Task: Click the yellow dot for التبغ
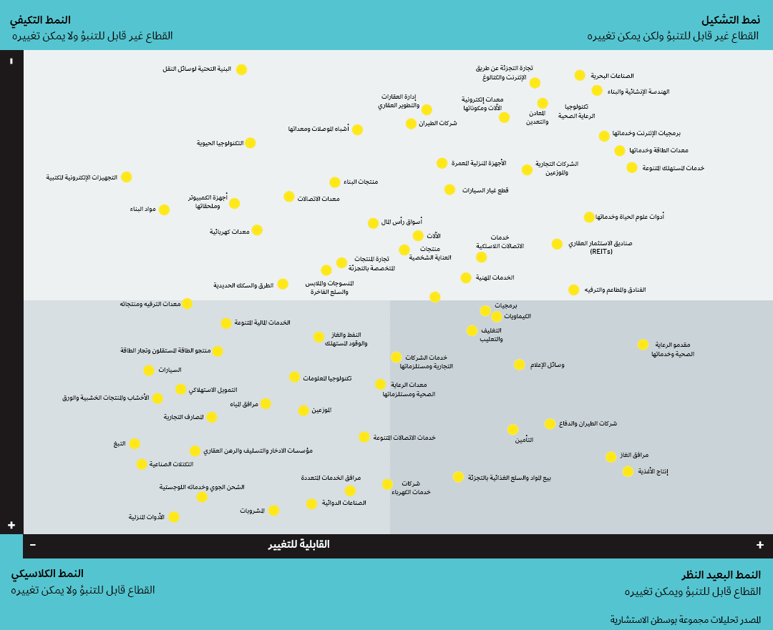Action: pos(135,443)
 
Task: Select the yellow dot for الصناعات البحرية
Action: pos(580,75)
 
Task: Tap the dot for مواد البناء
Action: pos(164,210)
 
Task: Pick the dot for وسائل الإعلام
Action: pos(520,365)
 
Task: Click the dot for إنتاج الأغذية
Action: pos(628,471)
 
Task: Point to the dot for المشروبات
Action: pos(273,511)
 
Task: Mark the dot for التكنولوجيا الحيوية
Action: pos(250,143)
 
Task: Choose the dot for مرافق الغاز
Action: pos(611,456)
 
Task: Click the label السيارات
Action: pos(170,370)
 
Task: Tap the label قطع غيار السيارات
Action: pos(485,190)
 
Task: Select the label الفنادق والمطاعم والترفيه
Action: pos(615,290)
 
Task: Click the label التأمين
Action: pos(524,440)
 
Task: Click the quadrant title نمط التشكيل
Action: pos(730,20)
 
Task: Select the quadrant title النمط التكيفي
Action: pos(40,20)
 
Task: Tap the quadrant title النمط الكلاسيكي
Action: pos(47,574)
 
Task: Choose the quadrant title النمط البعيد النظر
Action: pos(721,575)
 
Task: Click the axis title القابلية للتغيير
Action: pos(299,544)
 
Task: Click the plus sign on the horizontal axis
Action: pos(760,545)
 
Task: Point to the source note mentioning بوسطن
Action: pos(685,620)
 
